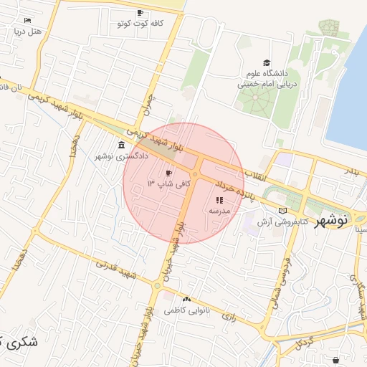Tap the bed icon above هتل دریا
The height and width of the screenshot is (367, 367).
coord(27,20)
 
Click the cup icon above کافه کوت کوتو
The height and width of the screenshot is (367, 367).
coord(140,13)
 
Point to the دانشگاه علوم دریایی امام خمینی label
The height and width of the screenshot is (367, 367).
coord(266,78)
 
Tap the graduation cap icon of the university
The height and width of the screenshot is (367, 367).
coord(267,63)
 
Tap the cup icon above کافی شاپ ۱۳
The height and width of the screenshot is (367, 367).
coord(169,173)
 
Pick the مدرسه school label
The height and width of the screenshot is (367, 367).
coord(218,211)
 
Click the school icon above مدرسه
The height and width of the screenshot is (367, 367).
coord(218,201)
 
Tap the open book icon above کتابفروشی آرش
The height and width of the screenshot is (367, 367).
coord(282,211)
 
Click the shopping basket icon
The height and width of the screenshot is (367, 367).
coord(335,359)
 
